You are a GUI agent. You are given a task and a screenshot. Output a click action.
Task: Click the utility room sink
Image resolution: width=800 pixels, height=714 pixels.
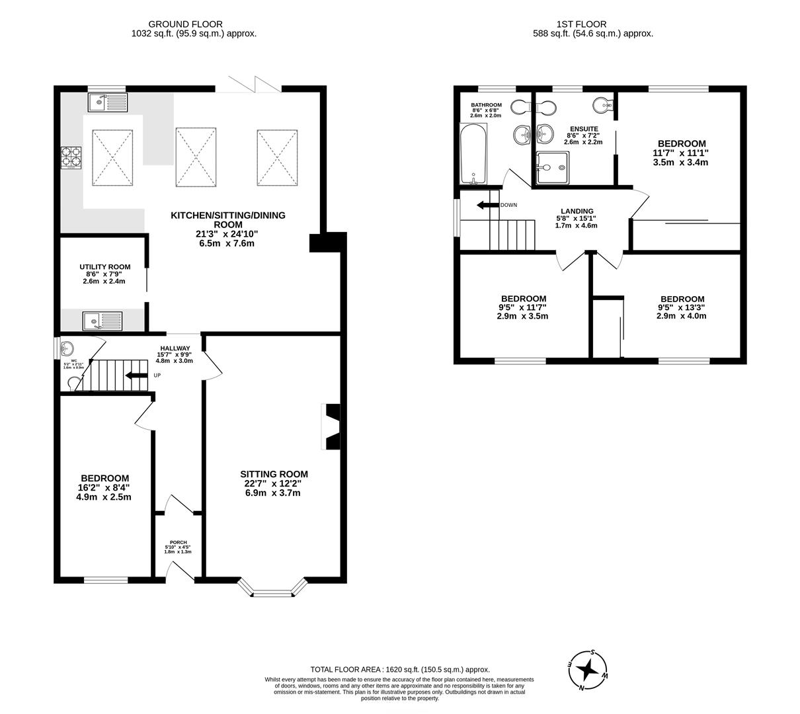click(x=102, y=321)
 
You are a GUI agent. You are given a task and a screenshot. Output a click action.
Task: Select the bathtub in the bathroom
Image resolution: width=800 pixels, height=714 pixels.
click(x=473, y=155)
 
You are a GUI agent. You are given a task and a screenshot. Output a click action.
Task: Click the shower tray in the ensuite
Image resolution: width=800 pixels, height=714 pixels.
click(x=552, y=167)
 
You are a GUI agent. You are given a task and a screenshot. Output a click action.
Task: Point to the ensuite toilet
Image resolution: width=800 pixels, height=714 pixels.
click(x=603, y=104)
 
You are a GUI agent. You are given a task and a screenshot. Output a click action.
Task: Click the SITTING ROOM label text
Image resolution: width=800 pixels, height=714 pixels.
click(x=274, y=474)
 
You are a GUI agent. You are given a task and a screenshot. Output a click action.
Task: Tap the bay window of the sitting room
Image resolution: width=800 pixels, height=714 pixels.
click(x=272, y=588)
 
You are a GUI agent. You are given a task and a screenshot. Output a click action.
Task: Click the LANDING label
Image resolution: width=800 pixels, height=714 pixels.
click(x=576, y=212)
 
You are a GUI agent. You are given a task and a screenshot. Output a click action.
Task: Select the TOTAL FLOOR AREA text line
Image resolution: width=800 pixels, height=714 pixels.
click(x=400, y=670)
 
